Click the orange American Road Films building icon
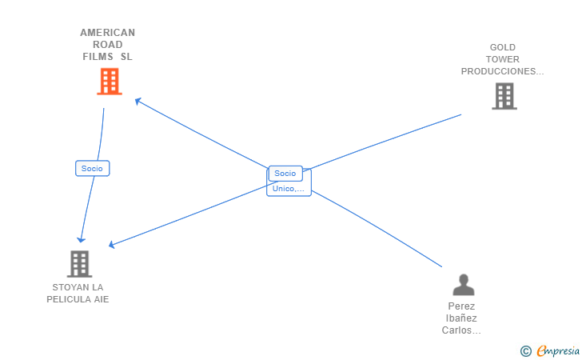point(109,81)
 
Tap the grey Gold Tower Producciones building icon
point(504,96)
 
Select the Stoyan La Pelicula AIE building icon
point(79,263)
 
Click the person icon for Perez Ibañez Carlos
point(463,284)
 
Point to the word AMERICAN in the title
point(107,33)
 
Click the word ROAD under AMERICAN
point(107,45)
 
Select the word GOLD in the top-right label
point(502,47)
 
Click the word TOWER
point(502,59)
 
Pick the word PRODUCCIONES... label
point(502,71)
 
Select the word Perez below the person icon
point(461,306)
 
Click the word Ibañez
point(461,318)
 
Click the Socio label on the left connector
point(92,168)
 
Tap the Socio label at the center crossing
point(285,173)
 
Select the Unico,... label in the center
point(288,189)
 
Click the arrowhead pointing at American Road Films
point(138,101)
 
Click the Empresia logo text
point(558,350)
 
